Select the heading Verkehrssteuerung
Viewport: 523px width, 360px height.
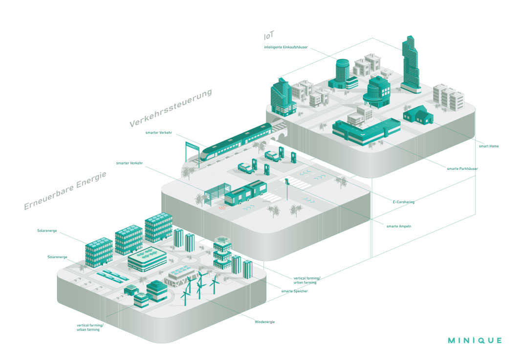pos(171,108)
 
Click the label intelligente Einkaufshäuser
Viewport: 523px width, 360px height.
pos(285,47)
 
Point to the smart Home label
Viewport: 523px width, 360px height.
pos(488,146)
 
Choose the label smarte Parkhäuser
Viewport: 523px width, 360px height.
pos(462,169)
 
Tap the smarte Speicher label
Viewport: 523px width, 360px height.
pos(294,291)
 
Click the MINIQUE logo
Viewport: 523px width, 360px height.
pos(474,340)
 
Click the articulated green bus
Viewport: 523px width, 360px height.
pos(245,193)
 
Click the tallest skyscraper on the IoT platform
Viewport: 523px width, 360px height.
pos(410,66)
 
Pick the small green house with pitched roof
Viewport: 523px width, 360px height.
pos(417,115)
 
